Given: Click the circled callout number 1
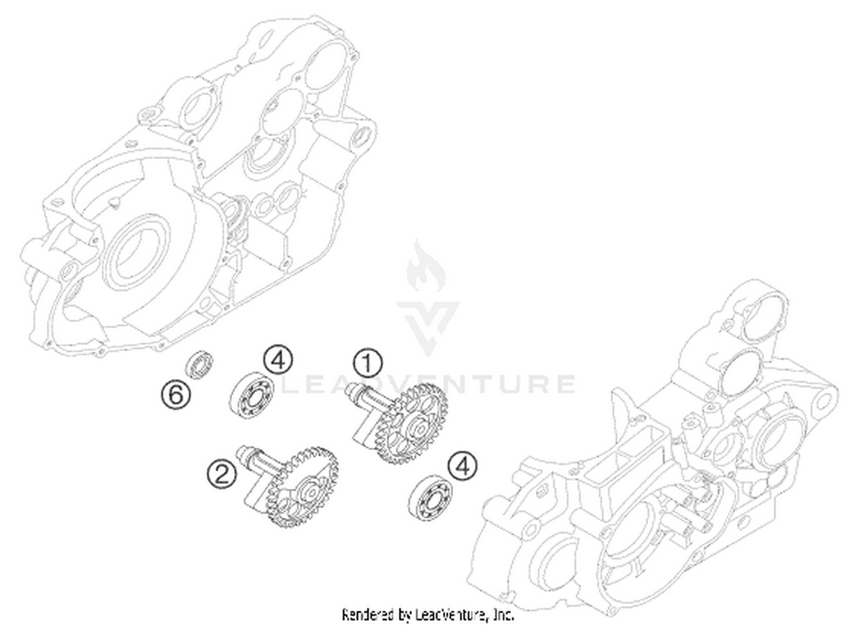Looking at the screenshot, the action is (367, 363).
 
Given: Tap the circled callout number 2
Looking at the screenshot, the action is (222, 474).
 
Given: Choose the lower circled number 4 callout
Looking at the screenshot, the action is (463, 466).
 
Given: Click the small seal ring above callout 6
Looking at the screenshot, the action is (200, 364).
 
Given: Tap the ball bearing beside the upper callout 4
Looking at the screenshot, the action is (252, 395).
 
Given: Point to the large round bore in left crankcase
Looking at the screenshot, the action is (136, 253).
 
